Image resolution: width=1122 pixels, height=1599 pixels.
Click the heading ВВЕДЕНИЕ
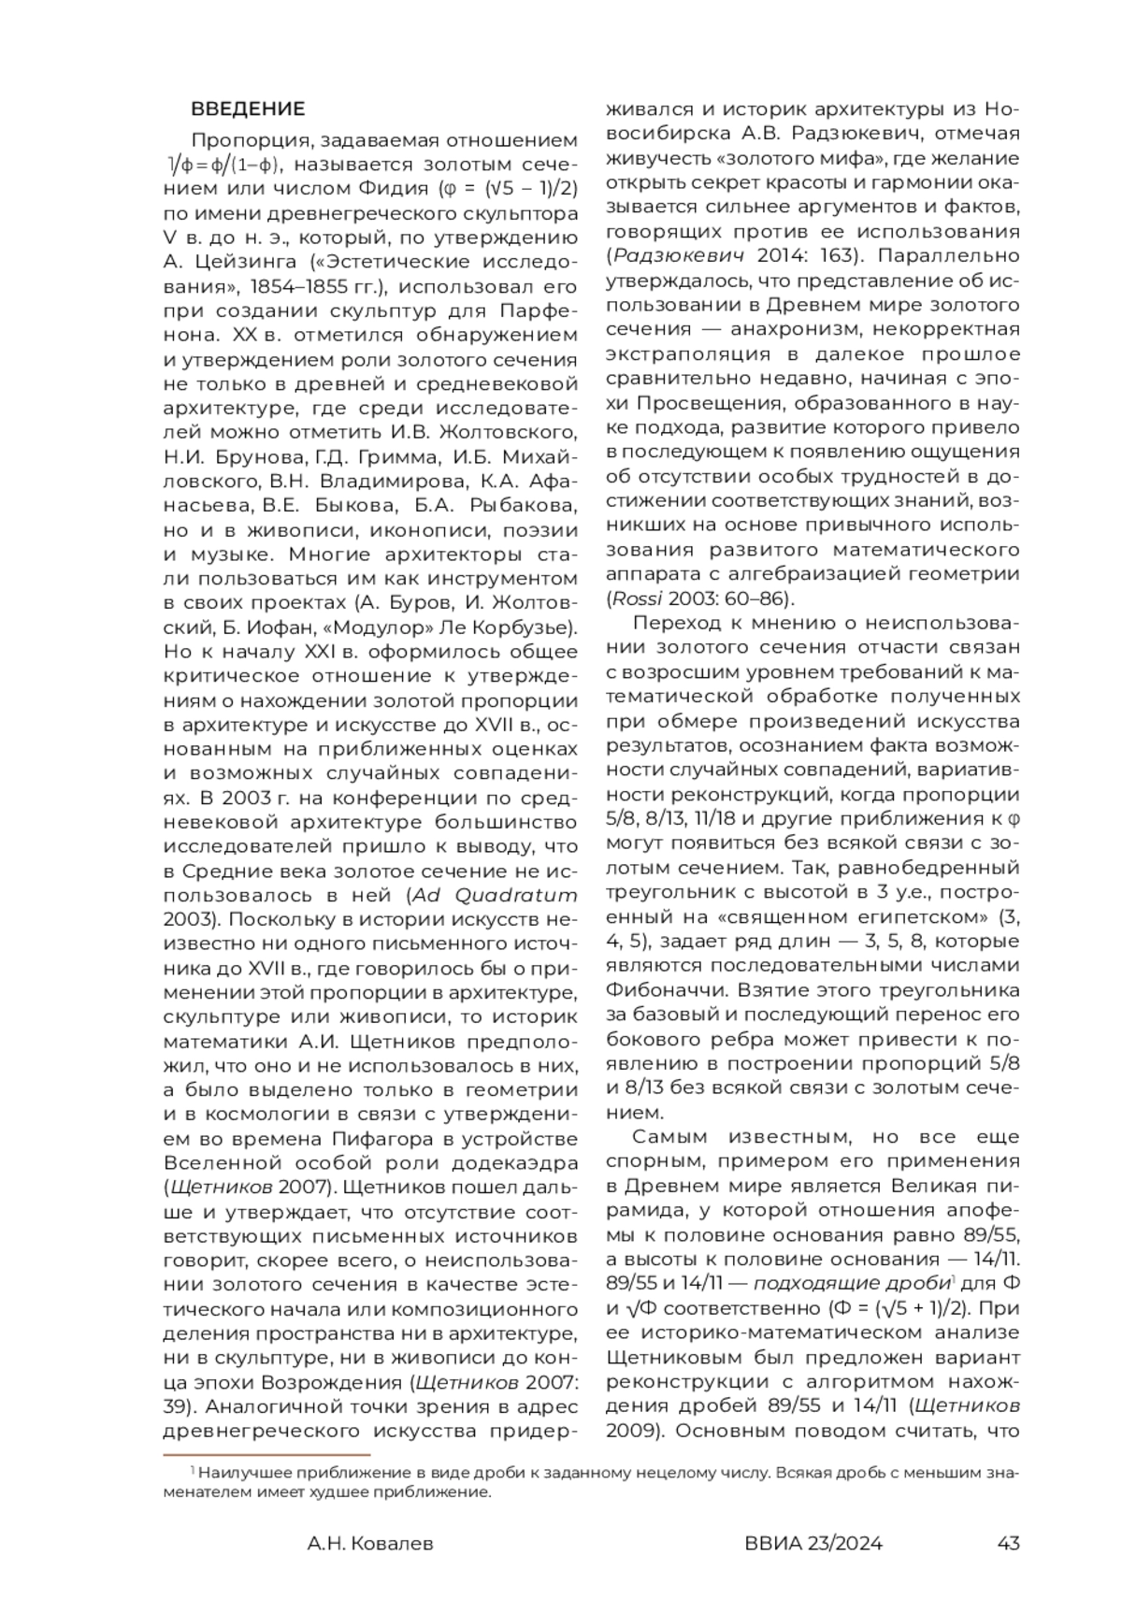248,109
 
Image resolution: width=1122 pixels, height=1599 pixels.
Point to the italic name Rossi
634,598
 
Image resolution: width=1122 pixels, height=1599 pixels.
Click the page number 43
1009,1543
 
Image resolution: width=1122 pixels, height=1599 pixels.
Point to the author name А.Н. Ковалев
370,1543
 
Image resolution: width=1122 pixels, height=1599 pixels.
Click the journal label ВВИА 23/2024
813,1543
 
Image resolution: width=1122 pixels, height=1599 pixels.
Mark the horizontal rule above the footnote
267,1455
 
